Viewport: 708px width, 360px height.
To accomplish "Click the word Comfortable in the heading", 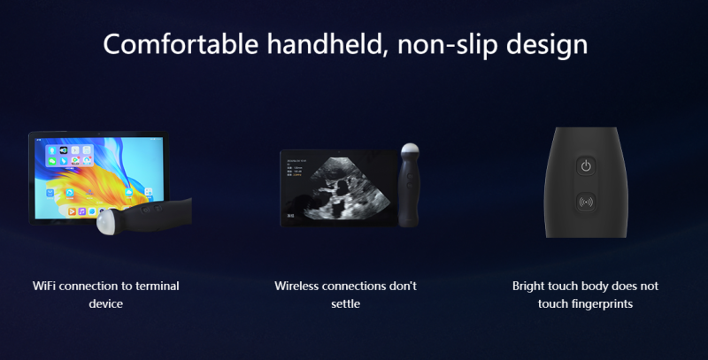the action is [181, 44].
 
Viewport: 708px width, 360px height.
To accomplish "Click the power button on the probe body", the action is [586, 166].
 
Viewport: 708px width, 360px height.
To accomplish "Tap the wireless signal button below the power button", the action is [586, 202].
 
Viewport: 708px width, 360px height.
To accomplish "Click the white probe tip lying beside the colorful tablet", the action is [106, 221].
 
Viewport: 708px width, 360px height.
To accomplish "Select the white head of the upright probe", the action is [410, 151].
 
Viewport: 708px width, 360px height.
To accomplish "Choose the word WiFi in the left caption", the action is [44, 286].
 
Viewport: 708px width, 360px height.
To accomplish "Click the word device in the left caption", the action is [105, 303].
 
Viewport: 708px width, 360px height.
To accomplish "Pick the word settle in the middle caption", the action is [345, 303].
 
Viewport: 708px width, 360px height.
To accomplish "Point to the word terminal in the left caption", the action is [158, 286].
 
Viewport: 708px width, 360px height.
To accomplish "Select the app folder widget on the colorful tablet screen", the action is [69, 155].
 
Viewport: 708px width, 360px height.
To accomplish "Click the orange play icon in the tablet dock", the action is [72, 211].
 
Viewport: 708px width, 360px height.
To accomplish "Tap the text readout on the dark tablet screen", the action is [296, 167].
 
